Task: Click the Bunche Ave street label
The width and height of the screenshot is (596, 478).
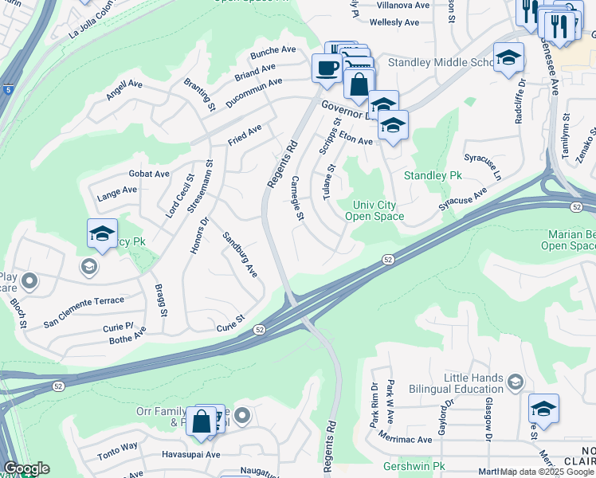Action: [x=273, y=50]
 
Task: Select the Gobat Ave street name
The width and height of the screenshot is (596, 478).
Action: [x=149, y=174]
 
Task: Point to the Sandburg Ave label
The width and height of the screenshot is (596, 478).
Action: [x=239, y=254]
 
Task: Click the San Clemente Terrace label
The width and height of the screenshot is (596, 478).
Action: [x=84, y=300]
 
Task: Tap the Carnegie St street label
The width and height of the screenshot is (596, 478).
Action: [x=298, y=198]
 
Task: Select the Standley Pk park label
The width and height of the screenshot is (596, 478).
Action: [x=433, y=175]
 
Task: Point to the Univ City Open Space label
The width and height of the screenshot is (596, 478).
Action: [x=378, y=210]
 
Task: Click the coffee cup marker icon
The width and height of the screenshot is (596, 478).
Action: [x=325, y=69]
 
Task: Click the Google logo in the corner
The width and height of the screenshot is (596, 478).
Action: [x=25, y=468]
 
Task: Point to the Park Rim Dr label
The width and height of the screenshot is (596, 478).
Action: [x=374, y=406]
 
